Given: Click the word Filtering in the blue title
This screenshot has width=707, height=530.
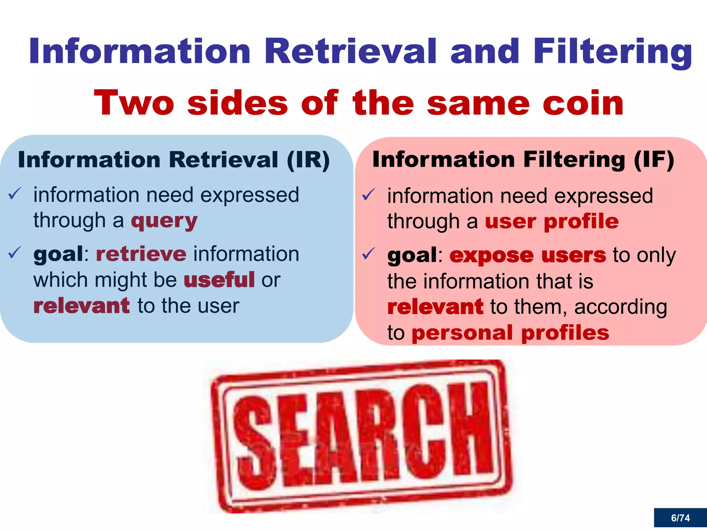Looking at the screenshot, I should click(612, 52).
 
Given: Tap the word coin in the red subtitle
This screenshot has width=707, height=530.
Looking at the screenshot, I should click(583, 103).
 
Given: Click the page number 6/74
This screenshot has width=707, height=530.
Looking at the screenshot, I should click(680, 518).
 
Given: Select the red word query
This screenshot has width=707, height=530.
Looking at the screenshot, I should click(164, 221).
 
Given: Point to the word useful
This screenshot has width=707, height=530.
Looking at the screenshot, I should click(220, 280).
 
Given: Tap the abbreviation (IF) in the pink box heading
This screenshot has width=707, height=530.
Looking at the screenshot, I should click(654, 160).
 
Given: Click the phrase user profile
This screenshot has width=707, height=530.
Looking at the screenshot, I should click(552, 221).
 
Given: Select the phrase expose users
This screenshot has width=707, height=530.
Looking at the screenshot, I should click(527, 255).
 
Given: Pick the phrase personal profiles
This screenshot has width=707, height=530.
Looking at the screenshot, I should click(511, 333).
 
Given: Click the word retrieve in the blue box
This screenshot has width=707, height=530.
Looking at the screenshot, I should click(141, 254).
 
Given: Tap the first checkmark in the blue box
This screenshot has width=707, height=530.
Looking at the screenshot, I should click(15, 194).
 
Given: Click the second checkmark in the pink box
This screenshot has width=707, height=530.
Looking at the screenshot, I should click(368, 254).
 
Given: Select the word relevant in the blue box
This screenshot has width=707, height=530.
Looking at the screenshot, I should click(81, 306).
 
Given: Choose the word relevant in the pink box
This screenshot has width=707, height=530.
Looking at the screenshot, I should click(435, 307).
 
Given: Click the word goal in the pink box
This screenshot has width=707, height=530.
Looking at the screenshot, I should click(412, 255).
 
